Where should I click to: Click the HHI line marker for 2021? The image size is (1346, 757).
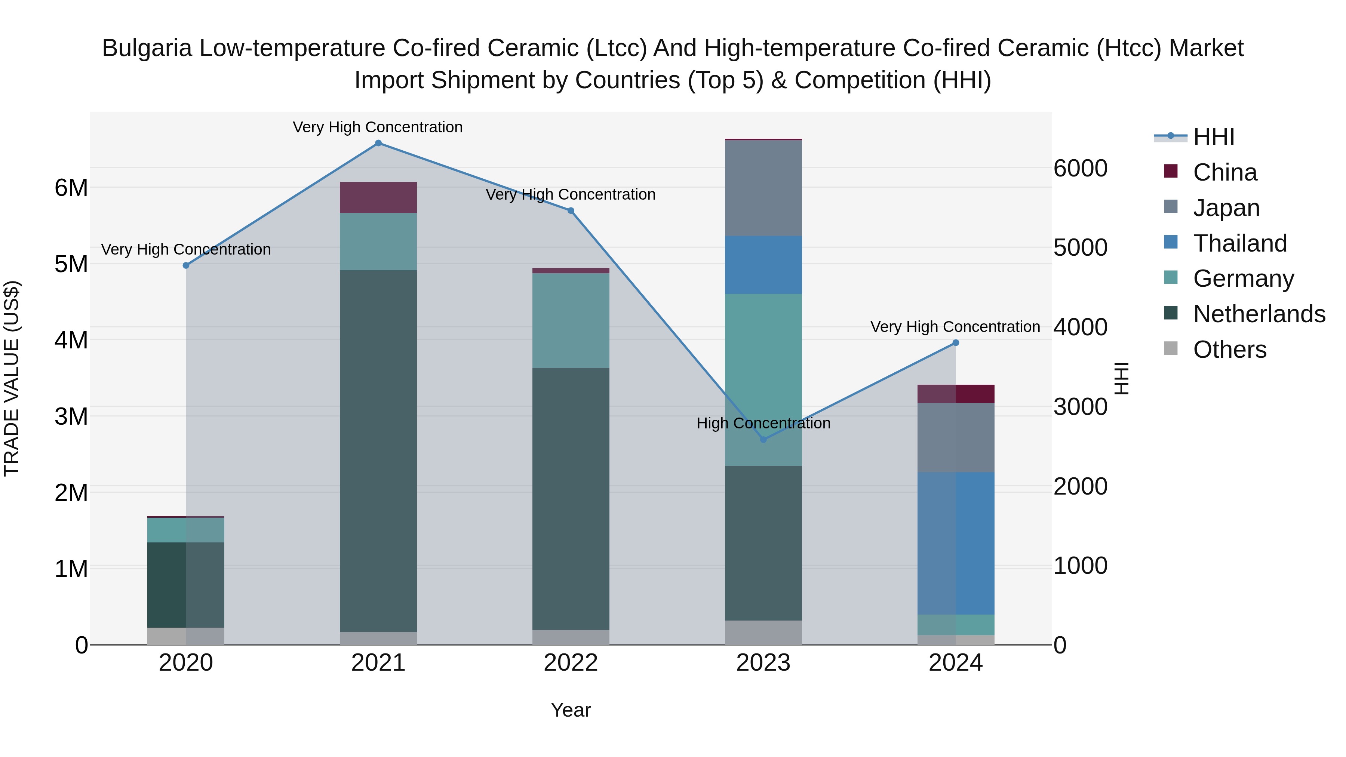coord(378,143)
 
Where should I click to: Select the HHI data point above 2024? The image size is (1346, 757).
coord(956,343)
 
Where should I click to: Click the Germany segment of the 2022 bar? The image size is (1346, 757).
coord(571,320)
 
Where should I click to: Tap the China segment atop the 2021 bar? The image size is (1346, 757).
coord(378,197)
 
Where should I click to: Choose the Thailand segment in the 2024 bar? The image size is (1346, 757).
coord(956,543)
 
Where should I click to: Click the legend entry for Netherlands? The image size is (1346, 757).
coord(1259,314)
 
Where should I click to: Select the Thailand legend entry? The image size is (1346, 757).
coord(1239,243)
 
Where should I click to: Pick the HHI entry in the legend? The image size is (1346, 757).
coord(1213,137)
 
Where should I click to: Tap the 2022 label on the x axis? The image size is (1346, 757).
coord(571,663)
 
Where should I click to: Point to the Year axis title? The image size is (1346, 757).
coord(571,710)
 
